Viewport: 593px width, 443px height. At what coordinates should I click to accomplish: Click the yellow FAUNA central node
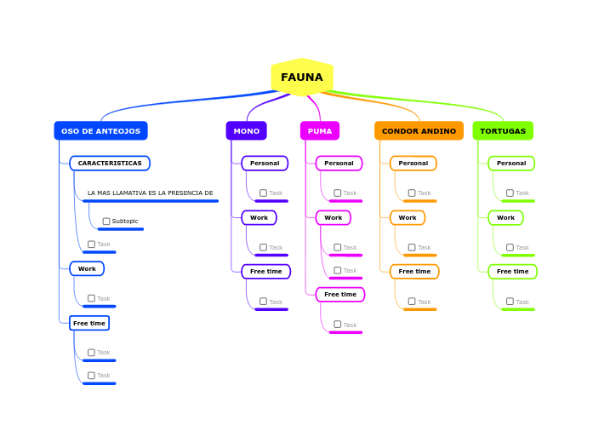click(x=302, y=78)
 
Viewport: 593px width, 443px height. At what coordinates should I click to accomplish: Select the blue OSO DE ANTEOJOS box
click(x=100, y=131)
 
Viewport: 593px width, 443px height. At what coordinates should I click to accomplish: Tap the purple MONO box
click(x=246, y=131)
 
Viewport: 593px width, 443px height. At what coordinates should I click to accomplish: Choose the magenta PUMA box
click(x=320, y=131)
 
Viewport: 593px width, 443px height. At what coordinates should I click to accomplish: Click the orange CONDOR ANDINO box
click(x=419, y=131)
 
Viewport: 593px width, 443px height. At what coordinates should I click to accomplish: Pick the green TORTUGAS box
click(x=503, y=131)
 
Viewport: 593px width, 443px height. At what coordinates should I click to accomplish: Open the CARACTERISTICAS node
click(x=110, y=164)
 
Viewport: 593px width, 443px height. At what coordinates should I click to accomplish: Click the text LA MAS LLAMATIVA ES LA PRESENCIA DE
click(x=150, y=193)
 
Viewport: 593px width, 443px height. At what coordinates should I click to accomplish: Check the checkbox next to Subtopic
click(x=106, y=221)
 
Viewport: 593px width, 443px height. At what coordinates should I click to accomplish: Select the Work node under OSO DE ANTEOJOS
click(x=87, y=269)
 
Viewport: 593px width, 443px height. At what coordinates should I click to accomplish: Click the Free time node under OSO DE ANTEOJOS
click(x=89, y=324)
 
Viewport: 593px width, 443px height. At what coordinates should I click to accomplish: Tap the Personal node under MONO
click(x=265, y=164)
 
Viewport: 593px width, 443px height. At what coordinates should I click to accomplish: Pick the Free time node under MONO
click(x=265, y=272)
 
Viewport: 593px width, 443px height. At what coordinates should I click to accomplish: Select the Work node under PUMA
click(x=333, y=218)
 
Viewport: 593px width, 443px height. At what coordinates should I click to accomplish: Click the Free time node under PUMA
click(x=340, y=295)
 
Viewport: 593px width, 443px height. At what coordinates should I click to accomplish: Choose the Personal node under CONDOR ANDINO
click(x=413, y=164)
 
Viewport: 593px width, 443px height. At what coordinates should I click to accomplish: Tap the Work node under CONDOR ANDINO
click(x=408, y=218)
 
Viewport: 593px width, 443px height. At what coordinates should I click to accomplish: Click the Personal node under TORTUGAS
click(x=511, y=164)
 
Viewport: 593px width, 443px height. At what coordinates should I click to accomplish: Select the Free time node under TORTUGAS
click(x=512, y=272)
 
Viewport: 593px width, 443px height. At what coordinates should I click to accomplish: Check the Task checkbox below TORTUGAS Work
click(x=510, y=248)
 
